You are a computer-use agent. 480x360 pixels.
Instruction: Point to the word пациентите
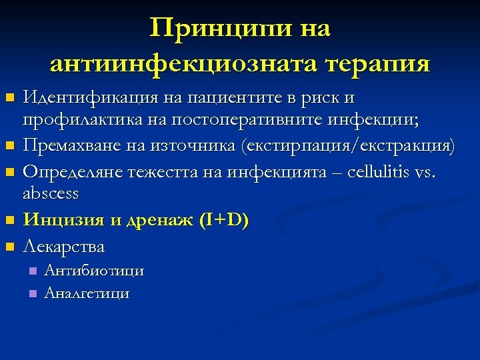tap(234, 98)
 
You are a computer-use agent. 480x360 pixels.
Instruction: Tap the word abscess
tap(51, 194)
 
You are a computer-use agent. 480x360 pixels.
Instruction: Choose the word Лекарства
tap(64, 247)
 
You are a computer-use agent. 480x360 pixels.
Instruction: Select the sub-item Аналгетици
tap(87, 293)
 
